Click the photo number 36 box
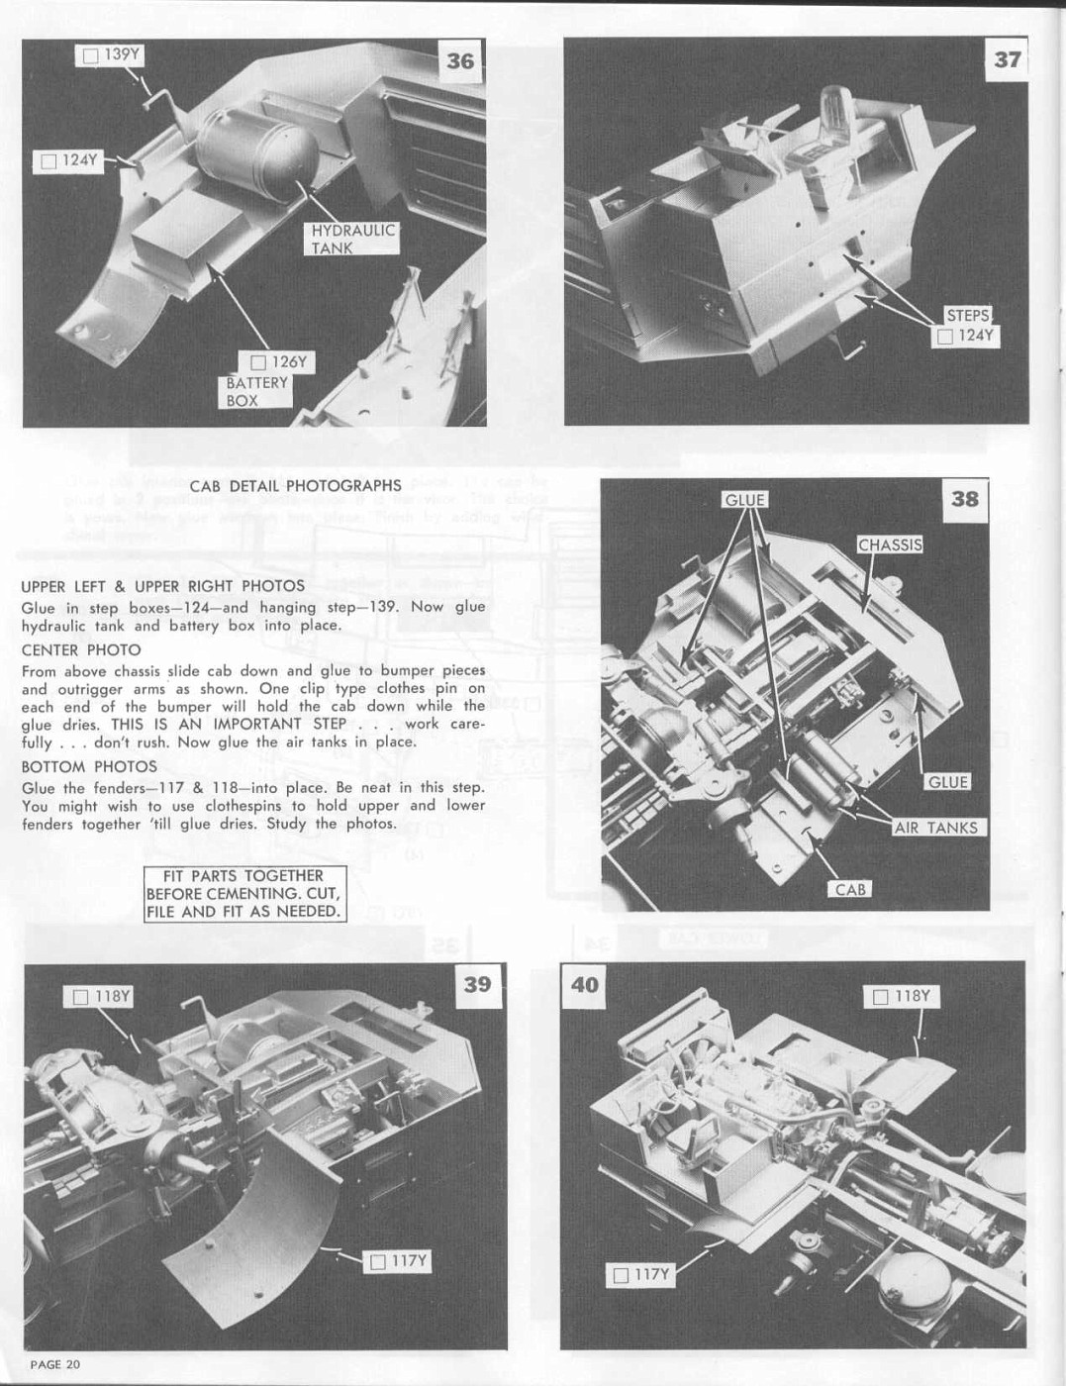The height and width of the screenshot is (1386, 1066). coord(460,61)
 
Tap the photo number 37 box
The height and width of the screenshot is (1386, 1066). coord(1006,59)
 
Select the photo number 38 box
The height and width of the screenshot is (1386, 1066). coord(964,499)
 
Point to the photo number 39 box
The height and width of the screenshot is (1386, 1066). coord(477,985)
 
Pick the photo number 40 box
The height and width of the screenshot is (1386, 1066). coord(585,985)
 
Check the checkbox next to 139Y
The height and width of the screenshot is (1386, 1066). coord(91,56)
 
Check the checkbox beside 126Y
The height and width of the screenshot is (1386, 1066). coord(258,363)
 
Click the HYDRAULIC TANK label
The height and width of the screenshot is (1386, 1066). coord(352,240)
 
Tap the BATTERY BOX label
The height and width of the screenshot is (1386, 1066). coord(257,392)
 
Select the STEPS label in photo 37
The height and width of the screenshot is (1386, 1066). coord(968,316)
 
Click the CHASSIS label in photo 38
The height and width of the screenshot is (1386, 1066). coord(890,544)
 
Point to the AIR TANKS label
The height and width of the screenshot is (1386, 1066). coord(936,828)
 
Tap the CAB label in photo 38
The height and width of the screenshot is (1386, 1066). coord(849,889)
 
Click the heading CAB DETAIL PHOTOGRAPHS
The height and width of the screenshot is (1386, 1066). coord(296,486)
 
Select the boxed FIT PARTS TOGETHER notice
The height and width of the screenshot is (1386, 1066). coord(245,894)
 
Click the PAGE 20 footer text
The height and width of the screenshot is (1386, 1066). coord(55,1364)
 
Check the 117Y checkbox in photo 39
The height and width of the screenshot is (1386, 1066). coord(379,1261)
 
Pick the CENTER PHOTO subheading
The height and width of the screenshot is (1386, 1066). coord(81,650)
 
